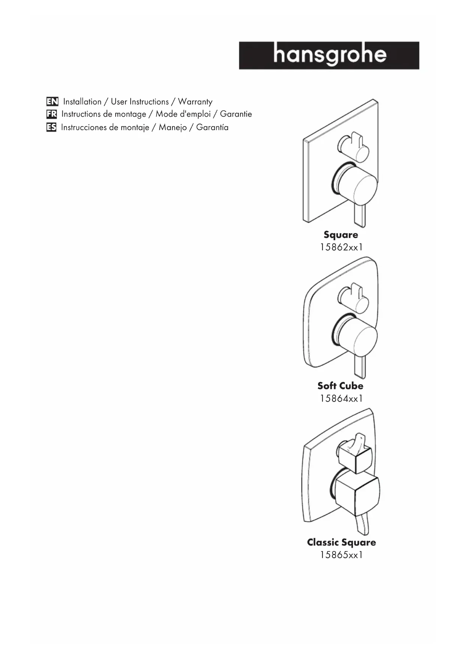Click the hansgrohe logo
329,56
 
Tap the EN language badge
52,102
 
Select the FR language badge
51,114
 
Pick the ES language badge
51,128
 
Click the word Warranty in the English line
195,102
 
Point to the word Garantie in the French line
236,114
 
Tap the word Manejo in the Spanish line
172,128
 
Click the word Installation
82,102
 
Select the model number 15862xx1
341,247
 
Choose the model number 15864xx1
341,398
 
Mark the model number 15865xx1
341,554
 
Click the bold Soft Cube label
340,386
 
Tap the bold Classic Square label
341,542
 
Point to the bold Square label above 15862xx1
341,235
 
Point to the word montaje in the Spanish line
135,128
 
